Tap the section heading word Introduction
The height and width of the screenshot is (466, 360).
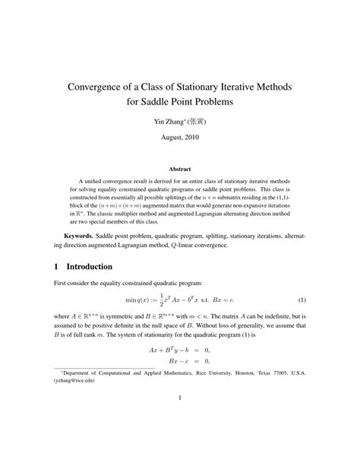tap(90, 267)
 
